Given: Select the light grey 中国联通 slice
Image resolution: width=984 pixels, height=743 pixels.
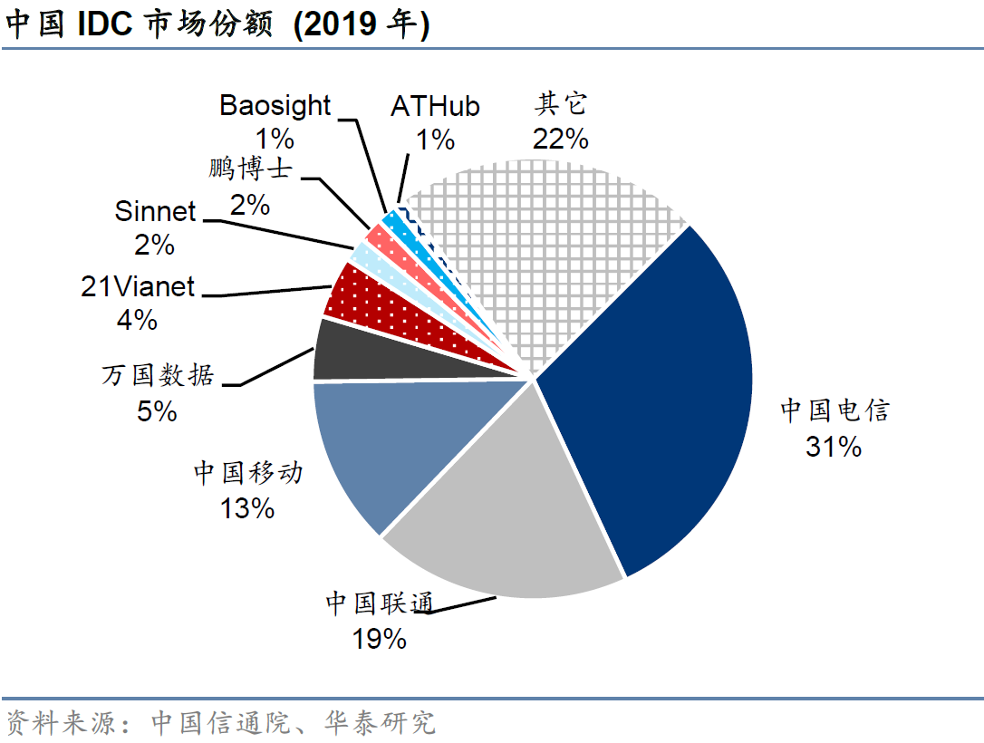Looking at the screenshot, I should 507,507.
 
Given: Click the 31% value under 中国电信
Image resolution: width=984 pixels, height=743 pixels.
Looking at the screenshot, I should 833,447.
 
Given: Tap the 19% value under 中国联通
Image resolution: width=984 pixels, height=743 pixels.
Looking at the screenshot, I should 380,639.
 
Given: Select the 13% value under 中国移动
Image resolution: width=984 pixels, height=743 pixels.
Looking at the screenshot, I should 246,507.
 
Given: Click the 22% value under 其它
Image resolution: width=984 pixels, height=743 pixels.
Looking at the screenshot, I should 561,139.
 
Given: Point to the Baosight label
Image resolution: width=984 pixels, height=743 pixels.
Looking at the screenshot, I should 275,105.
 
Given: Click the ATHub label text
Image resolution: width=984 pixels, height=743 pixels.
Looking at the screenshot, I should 435,106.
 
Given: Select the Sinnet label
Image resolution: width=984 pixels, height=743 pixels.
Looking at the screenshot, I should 155,212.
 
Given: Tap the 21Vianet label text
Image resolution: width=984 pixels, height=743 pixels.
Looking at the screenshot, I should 138,286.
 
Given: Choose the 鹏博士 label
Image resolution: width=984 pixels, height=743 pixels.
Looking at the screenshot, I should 250,170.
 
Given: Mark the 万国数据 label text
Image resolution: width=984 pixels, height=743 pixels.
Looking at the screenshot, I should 158,374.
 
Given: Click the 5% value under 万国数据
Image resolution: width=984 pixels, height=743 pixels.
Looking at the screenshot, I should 157,410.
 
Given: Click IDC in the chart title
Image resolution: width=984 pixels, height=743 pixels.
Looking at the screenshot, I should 104,24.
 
